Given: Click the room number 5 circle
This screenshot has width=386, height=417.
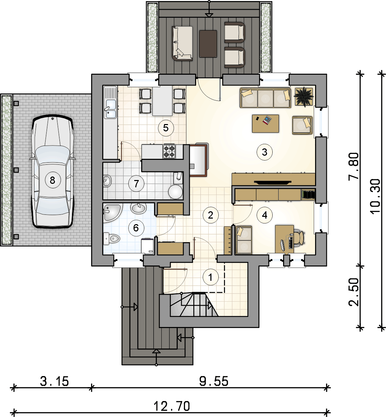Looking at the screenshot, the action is [x=166, y=128].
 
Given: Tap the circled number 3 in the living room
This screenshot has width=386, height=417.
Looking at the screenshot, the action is [x=265, y=152].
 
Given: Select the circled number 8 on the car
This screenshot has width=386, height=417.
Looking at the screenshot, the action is [x=53, y=180].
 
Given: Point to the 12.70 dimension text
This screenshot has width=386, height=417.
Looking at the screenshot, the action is [x=172, y=406].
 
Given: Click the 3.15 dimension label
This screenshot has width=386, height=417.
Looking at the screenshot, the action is [x=54, y=381].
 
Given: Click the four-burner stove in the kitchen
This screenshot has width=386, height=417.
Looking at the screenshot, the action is [x=169, y=151].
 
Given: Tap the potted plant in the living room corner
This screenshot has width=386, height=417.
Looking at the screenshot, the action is [x=304, y=96].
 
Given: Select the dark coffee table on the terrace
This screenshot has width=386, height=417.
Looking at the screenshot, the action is [x=208, y=44].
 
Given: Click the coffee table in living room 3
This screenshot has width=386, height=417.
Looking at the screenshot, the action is [x=266, y=123].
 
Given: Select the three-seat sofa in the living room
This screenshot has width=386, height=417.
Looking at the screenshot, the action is [x=266, y=98].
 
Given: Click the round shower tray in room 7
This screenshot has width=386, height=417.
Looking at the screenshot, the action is [x=175, y=192].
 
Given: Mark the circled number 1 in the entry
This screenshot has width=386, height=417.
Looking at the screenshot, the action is [x=210, y=277].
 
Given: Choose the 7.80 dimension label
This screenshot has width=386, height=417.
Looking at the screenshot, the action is [x=354, y=166].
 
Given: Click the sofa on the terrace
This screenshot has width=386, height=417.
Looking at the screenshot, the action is [x=182, y=43].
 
